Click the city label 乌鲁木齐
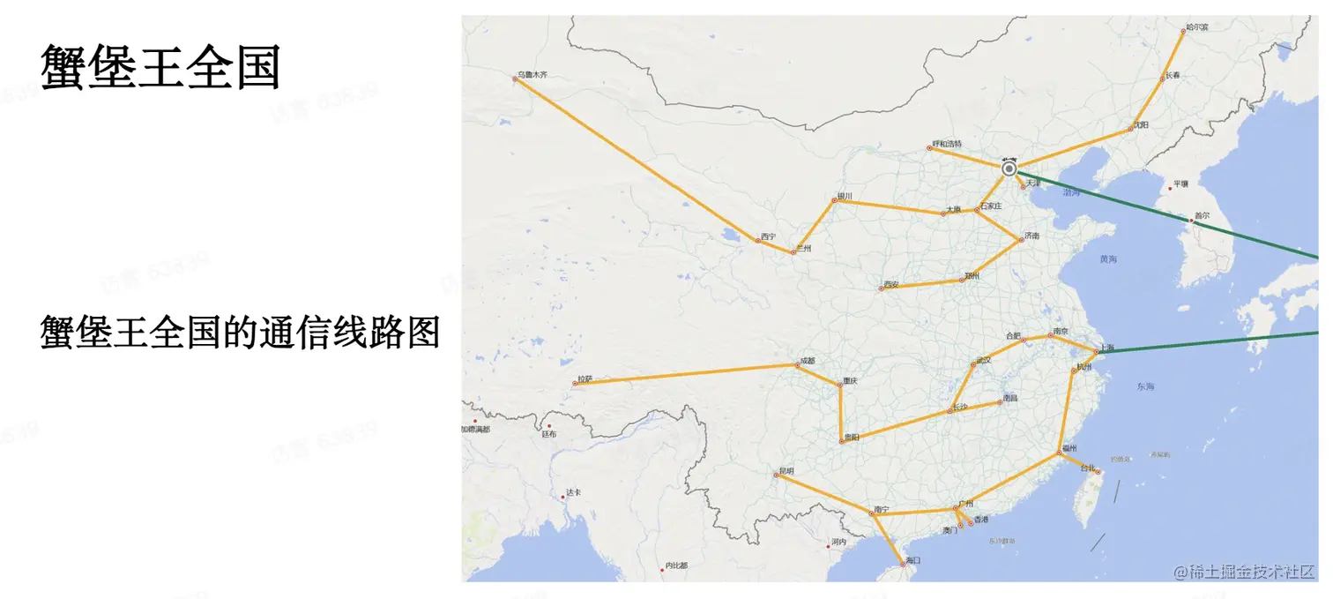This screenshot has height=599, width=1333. pos(532,75)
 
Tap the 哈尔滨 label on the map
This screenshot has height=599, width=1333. pos(1197,27)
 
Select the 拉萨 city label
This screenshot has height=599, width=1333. pos(585,379)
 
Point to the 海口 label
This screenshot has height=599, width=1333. pos(912,560)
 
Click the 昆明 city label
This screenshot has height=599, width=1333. pos(786,471)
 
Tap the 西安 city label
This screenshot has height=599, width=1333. pos(891,285)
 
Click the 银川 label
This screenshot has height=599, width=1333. pos(845,196)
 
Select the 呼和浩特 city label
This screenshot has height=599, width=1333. pos(948,144)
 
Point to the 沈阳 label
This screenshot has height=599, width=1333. pos(1141,125)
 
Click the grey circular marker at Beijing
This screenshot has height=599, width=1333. pos(1009,168)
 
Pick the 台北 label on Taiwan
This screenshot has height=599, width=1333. pos(1087,468)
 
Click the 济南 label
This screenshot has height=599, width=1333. pos(1031,236)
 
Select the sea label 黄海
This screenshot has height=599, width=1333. pos(1108,259)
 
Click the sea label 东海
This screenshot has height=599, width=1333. pos(1145,386)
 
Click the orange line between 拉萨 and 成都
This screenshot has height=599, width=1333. pos(688,373)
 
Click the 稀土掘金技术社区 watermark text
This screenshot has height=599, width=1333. pos(1250,572)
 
